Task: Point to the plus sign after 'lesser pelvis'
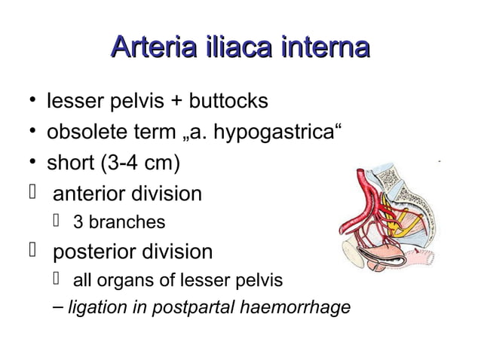pyautogui.click(x=164, y=102)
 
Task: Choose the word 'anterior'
pyautogui.click(x=93, y=194)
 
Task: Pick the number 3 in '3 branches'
pyautogui.click(x=77, y=222)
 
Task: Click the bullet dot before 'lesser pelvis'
pyautogui.click(x=29, y=101)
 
